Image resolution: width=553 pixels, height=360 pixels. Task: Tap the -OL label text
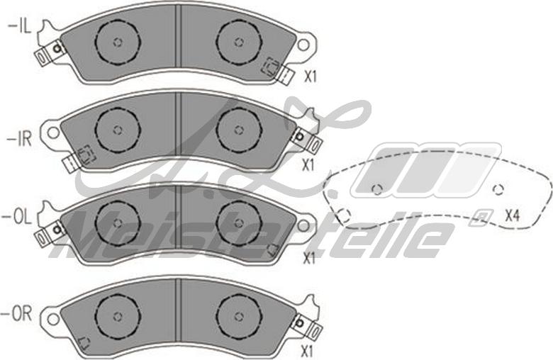pyautogui.click(x=18, y=218)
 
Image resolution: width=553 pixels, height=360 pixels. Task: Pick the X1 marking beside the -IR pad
pyautogui.click(x=308, y=165)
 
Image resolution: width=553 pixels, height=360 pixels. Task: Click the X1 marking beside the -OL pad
pyautogui.click(x=308, y=259)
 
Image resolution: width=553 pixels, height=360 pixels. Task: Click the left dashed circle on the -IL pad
pyautogui.click(x=118, y=42)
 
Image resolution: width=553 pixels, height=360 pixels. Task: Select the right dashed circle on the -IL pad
pyautogui.click(x=238, y=42)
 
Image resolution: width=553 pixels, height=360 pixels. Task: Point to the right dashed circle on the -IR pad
pyautogui.click(x=238, y=130)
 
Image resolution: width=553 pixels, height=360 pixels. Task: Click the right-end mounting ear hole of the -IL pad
pyautogui.click(x=303, y=45)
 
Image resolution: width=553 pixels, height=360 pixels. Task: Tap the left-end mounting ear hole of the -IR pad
pyautogui.click(x=54, y=132)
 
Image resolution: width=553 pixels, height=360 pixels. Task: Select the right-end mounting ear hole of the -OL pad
pyautogui.click(x=303, y=226)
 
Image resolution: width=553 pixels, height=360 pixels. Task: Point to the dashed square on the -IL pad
pyautogui.click(x=269, y=67)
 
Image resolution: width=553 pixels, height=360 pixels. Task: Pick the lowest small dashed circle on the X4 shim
pyautogui.click(x=345, y=215)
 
